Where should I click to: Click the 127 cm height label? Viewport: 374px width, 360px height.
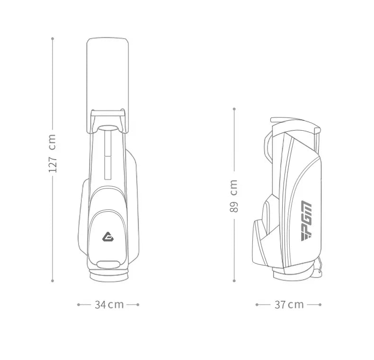tap(52, 153)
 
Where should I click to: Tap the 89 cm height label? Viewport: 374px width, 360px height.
tap(234, 196)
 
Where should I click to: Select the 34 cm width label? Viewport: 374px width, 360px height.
tap(109, 305)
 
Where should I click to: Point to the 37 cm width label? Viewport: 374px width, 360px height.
tap(289, 305)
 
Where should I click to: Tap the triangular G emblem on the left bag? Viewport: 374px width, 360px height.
tap(107, 237)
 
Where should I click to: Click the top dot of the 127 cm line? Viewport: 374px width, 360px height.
tap(53, 38)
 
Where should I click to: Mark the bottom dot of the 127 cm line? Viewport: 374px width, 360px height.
tap(53, 281)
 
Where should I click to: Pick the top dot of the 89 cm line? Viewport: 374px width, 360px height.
tap(234, 109)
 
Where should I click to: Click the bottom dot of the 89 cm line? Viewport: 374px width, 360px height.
tap(234, 281)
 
